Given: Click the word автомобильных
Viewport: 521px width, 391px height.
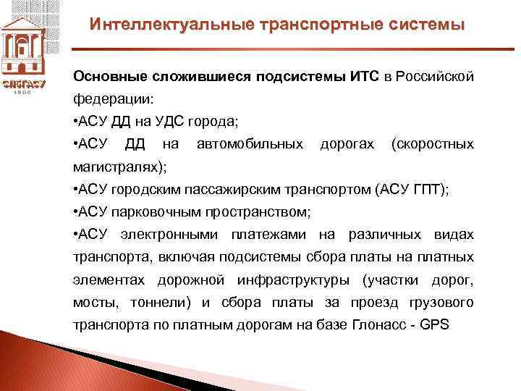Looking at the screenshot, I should (x=250, y=144).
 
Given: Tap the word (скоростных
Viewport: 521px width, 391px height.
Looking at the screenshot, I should (x=432, y=144).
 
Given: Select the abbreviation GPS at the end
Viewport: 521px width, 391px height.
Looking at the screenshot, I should (x=434, y=324).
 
